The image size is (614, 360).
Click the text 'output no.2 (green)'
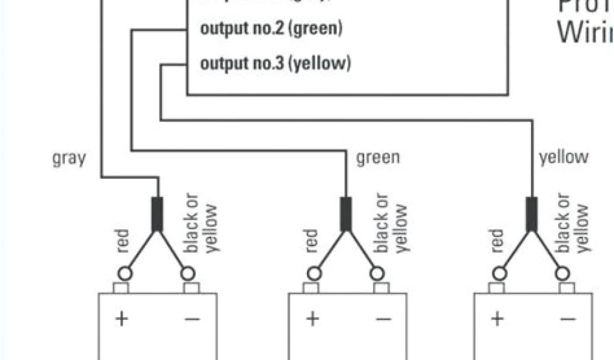[x=271, y=29]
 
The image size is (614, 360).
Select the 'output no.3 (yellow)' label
[x=275, y=63]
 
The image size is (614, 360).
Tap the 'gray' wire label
[x=68, y=158]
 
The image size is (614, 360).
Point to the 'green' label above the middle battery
[x=378, y=158]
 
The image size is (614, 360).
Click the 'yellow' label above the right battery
[x=564, y=157]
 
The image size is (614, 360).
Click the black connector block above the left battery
[x=157, y=214]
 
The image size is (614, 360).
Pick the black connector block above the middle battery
[x=346, y=214]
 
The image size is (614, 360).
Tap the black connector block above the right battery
[x=531, y=214]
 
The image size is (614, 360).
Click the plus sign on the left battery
[x=122, y=318]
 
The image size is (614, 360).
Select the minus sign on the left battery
[x=192, y=319]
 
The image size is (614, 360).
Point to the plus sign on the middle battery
[x=312, y=318]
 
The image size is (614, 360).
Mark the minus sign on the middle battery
[x=382, y=319]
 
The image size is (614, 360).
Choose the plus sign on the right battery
[x=496, y=318]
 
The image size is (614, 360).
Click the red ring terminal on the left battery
[x=124, y=274]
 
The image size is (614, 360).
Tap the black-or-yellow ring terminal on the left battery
[x=188, y=274]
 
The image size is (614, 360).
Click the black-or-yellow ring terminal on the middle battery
[x=377, y=274]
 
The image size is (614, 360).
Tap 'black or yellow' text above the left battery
[x=199, y=222]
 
